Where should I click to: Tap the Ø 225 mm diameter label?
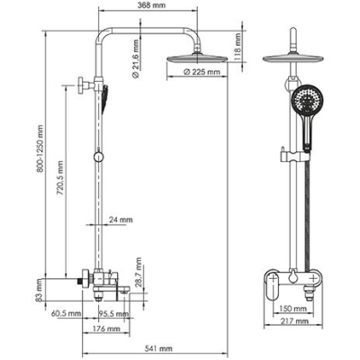click(202, 72)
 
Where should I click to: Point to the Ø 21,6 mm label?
click(136, 58)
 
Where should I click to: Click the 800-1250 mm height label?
click(40, 149)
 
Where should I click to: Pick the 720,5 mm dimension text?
click(60, 178)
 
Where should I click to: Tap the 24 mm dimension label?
click(121, 220)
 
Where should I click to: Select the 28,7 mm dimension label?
click(139, 272)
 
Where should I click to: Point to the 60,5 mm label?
click(66, 313)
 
